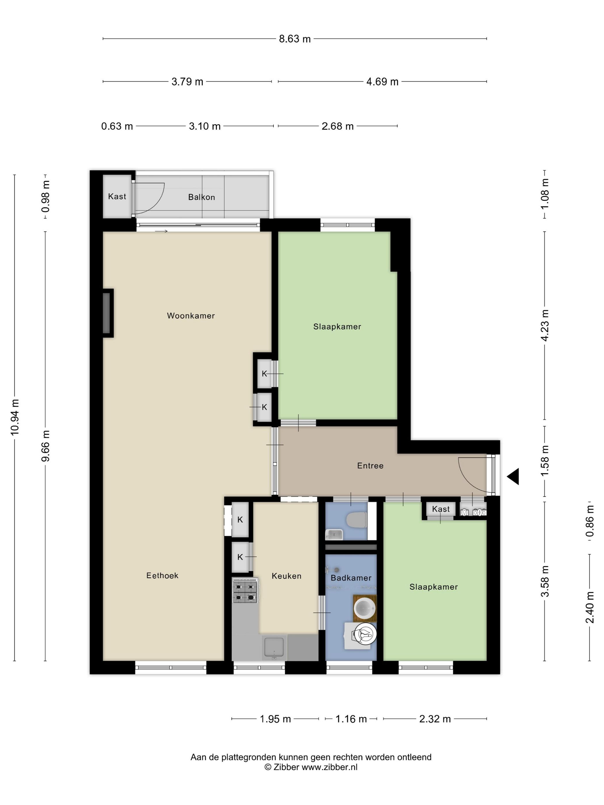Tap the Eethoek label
[163, 575]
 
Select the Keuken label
[286, 576]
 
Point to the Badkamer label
[351, 578]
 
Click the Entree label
[370, 465]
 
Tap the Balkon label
[201, 197]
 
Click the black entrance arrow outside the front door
[513, 476]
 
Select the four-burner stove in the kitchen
[245, 591]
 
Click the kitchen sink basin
[274, 648]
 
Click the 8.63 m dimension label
[295, 39]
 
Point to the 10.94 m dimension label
[15, 417]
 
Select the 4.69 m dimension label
[382, 82]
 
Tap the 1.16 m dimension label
[351, 719]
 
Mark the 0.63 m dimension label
[117, 126]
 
